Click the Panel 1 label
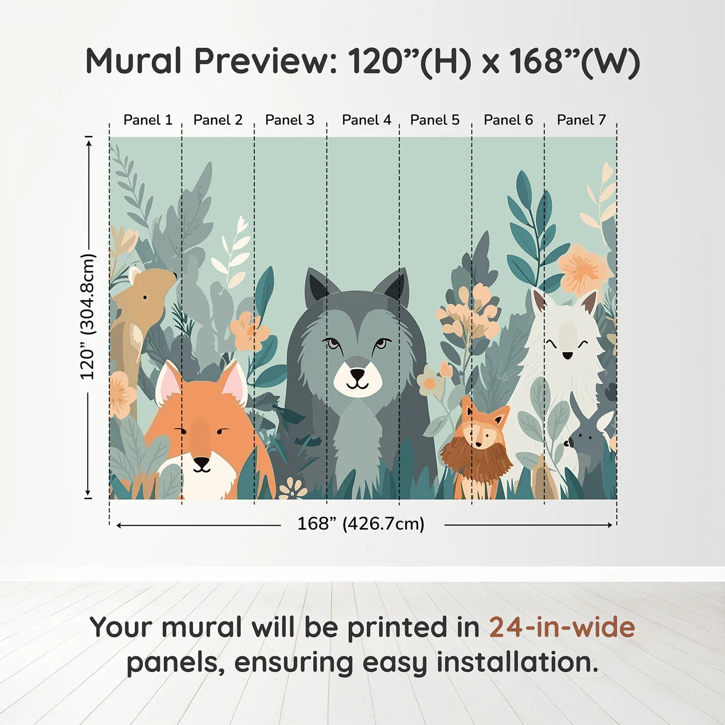pyautogui.click(x=148, y=120)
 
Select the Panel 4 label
pyautogui.click(x=367, y=120)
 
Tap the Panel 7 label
pyautogui.click(x=581, y=120)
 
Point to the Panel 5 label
pyautogui.click(x=434, y=120)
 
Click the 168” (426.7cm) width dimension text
pyautogui.click(x=360, y=524)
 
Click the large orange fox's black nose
pyautogui.click(x=201, y=461)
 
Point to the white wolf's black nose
pyautogui.click(x=568, y=355)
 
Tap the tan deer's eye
pyautogui.click(x=144, y=297)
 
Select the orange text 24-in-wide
pyautogui.click(x=562, y=627)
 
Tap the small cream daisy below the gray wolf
pyautogui.click(x=293, y=489)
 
